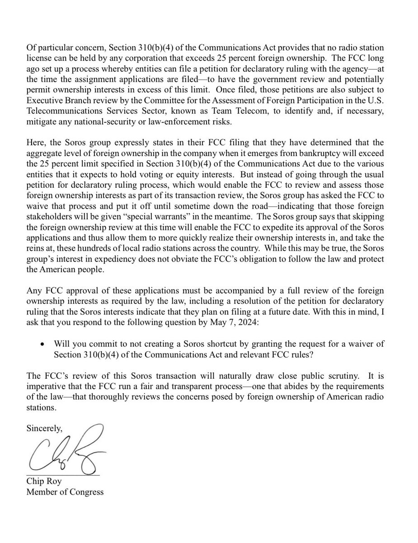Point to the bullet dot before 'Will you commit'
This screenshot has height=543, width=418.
click(x=42, y=344)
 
